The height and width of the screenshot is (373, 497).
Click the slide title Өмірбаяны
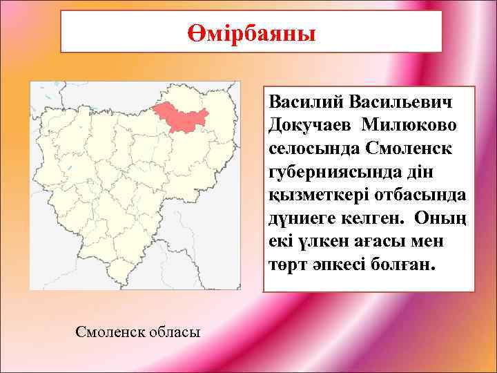coord(251,32)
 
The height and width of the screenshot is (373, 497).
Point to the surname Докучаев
coord(308,125)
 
